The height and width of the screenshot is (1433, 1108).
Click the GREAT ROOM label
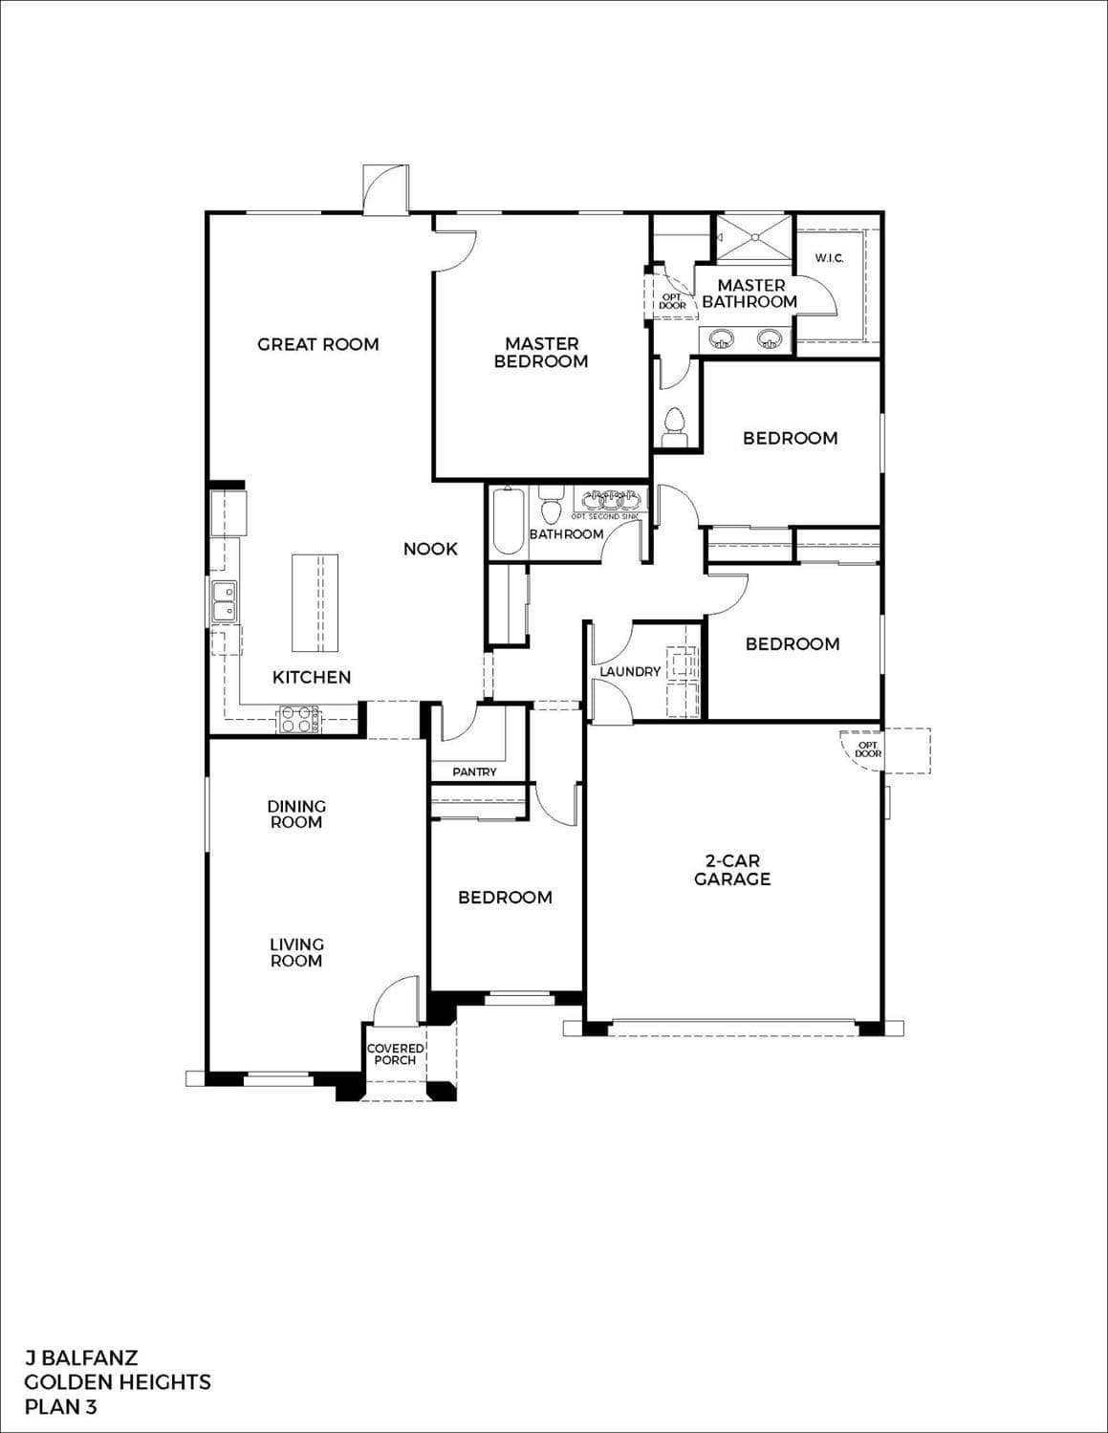click(318, 344)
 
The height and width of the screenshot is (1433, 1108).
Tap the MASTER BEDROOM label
click(541, 352)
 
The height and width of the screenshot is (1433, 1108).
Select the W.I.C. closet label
click(829, 258)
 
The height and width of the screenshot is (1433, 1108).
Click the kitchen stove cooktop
click(299, 718)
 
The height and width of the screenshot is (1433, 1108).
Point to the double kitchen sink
click(225, 600)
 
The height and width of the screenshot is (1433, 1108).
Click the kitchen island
click(315, 603)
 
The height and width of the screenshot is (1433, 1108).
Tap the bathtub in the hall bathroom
click(508, 521)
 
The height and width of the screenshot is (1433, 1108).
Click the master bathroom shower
click(754, 237)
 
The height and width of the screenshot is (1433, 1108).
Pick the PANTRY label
click(475, 771)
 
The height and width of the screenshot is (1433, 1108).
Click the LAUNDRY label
click(630, 671)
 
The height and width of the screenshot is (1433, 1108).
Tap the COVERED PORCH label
click(395, 1053)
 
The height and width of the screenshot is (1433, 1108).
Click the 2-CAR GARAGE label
click(732, 870)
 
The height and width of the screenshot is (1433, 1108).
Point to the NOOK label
click(430, 549)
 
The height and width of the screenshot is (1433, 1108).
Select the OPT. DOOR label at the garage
click(869, 749)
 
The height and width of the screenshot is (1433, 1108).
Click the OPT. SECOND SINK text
click(605, 516)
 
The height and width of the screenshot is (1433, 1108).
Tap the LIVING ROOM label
click(296, 952)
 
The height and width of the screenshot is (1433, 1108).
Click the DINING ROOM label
click(296, 814)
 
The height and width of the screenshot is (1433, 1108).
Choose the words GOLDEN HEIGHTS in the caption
click(118, 1381)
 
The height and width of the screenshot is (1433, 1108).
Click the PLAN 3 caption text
click(60, 1406)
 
